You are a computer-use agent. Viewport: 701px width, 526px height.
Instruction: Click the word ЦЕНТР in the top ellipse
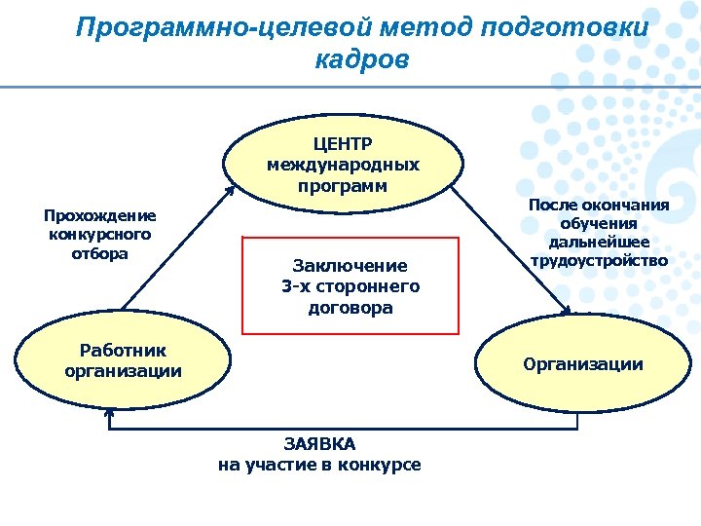click(x=343, y=144)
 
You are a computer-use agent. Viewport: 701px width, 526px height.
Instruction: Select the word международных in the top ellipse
click(x=343, y=165)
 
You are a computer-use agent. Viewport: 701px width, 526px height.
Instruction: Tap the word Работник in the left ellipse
click(x=123, y=351)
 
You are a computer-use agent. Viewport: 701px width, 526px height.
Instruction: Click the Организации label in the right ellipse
click(x=583, y=364)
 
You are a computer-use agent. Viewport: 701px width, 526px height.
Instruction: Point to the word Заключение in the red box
click(x=350, y=265)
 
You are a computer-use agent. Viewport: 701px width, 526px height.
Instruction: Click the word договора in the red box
click(x=350, y=308)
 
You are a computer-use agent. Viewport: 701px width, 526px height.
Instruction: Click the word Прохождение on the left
click(x=100, y=215)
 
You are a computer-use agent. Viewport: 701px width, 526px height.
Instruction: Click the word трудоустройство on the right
click(x=599, y=260)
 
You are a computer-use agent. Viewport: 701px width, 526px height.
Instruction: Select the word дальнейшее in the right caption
click(x=599, y=242)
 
